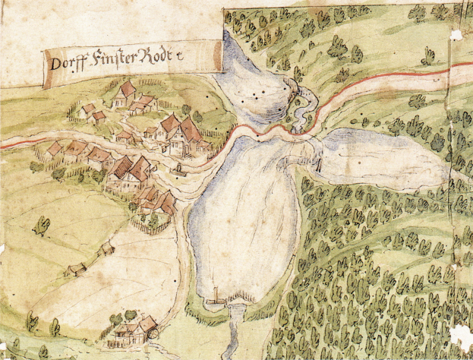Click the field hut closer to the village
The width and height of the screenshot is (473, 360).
(x=109, y=248)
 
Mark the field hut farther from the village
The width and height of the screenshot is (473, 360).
(x=75, y=270)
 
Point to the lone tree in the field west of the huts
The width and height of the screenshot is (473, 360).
(x=42, y=225)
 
